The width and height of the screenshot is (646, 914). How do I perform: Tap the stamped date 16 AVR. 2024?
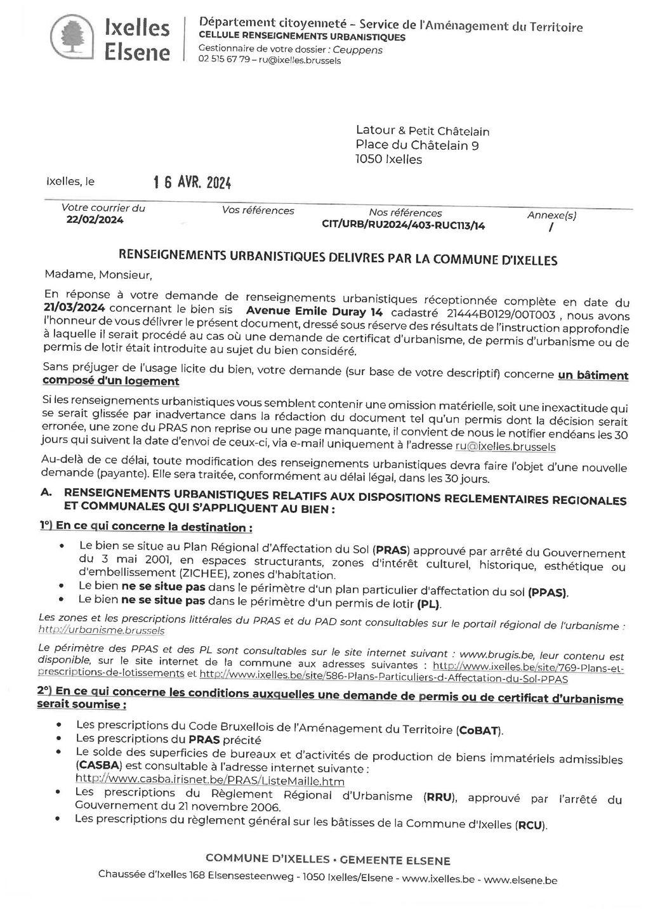coord(192,183)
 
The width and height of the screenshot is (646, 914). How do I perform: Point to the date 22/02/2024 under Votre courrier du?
coord(95,220)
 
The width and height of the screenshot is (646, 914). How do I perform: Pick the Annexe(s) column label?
coord(551,215)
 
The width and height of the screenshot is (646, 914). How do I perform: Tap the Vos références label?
coord(258,211)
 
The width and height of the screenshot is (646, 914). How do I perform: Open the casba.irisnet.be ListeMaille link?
coord(210,779)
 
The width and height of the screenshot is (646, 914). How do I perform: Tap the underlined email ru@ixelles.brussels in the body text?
coord(505,446)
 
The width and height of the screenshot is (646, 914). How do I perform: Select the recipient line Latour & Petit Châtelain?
coord(422,131)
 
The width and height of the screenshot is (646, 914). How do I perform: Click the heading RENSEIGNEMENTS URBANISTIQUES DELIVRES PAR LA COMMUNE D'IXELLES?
coord(338,258)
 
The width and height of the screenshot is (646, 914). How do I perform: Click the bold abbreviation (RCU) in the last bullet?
coord(531,825)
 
